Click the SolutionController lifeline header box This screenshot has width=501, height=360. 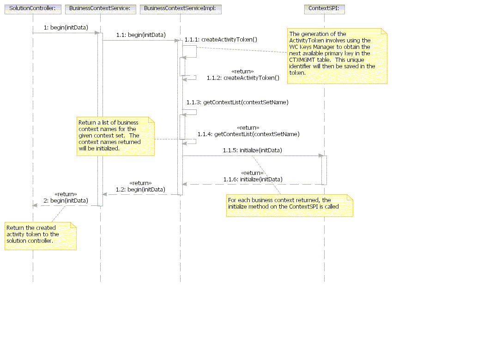pos(32,9)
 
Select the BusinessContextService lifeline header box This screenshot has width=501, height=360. pos(100,9)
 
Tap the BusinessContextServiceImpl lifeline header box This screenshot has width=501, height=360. pos(180,9)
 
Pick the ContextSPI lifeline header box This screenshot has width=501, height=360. pos(324,9)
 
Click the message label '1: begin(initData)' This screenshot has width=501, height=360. pos(66,28)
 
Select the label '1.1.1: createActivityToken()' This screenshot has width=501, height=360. pos(221,40)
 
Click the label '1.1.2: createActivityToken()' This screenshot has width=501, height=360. pos(243,78)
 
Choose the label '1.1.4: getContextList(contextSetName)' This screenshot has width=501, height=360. pos(248,134)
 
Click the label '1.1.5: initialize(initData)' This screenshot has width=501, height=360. pos(252,150)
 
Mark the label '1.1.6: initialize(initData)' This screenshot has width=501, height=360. pos(253,179)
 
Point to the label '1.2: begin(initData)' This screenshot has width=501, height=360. pos(140,190)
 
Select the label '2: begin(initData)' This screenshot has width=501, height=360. pos(66,201)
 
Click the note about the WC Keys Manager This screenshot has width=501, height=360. pos(337,56)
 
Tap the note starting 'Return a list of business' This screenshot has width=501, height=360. pos(115,136)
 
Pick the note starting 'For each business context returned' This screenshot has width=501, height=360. pos(289,206)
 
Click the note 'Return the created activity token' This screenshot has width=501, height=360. pos(40,236)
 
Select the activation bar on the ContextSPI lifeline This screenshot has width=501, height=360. pos(324,170)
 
